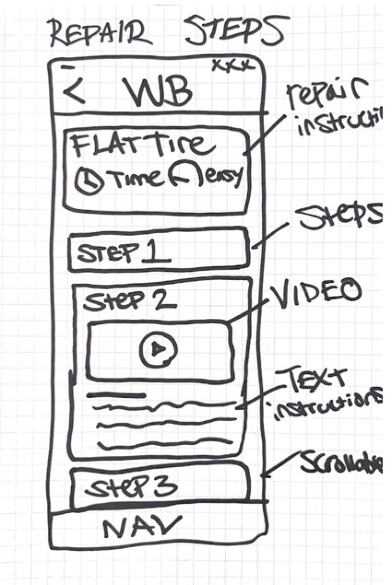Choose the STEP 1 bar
tap(159, 251)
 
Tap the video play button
tap(159, 350)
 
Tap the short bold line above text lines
tap(117, 394)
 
